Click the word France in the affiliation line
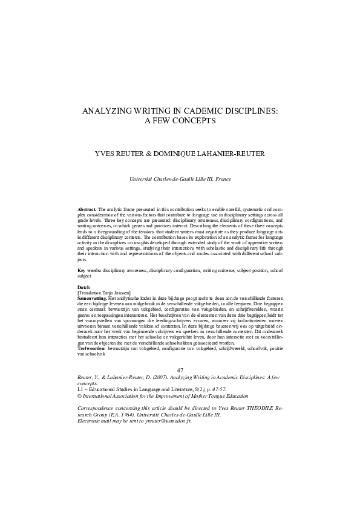(x=223, y=180)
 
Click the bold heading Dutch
(x=85, y=286)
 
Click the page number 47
(x=180, y=370)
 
